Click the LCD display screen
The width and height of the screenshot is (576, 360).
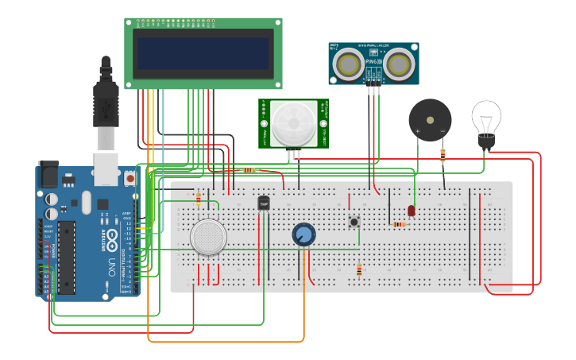[203, 53]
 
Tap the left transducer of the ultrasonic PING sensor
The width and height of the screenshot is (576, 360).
[348, 64]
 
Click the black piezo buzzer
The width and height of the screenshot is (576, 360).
[430, 120]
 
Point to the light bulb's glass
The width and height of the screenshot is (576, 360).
[486, 118]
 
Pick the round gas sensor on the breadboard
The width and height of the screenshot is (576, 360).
[208, 237]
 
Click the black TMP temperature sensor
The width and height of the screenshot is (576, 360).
[264, 203]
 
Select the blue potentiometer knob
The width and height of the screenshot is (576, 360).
[303, 234]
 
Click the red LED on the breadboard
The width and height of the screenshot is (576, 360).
[411, 211]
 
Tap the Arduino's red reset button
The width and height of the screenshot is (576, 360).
[130, 180]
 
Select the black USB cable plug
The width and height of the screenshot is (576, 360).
[106, 103]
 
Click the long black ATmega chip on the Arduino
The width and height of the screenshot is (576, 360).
[67, 250]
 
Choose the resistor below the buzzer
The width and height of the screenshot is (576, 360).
[443, 155]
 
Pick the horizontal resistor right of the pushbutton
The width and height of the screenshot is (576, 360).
[399, 224]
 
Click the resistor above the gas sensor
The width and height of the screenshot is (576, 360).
[198, 198]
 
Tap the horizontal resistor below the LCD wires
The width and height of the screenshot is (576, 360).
[249, 170]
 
